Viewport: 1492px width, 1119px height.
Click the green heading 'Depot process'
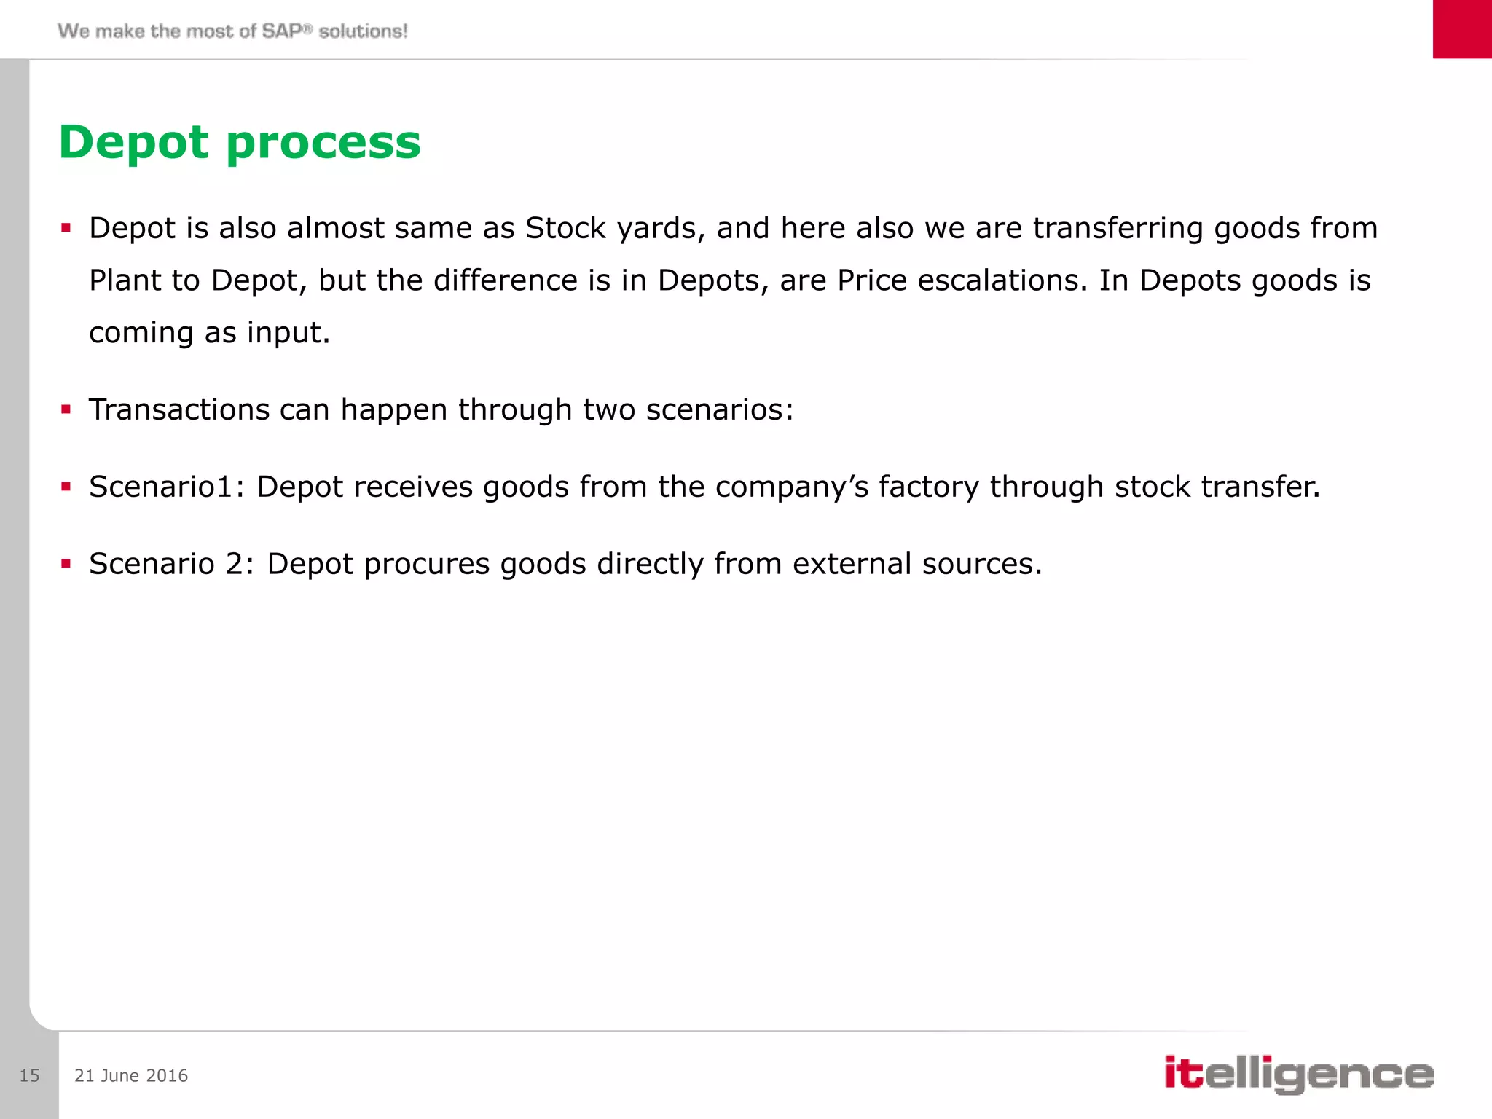[240, 142]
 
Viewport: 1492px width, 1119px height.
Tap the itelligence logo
[1298, 1074]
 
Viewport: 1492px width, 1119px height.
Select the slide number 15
[29, 1075]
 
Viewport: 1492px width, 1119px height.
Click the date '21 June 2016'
[131, 1075]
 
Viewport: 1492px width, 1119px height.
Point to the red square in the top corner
[1461, 29]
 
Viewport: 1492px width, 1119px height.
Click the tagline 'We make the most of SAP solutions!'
[232, 31]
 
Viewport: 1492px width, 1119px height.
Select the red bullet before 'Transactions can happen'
[66, 409]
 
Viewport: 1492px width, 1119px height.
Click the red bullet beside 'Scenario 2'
[66, 563]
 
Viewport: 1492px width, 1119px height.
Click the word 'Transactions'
[179, 409]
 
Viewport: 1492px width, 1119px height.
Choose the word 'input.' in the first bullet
[288, 333]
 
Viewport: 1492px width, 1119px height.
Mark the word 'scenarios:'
[720, 409]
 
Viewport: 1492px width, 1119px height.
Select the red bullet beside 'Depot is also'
[66, 228]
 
